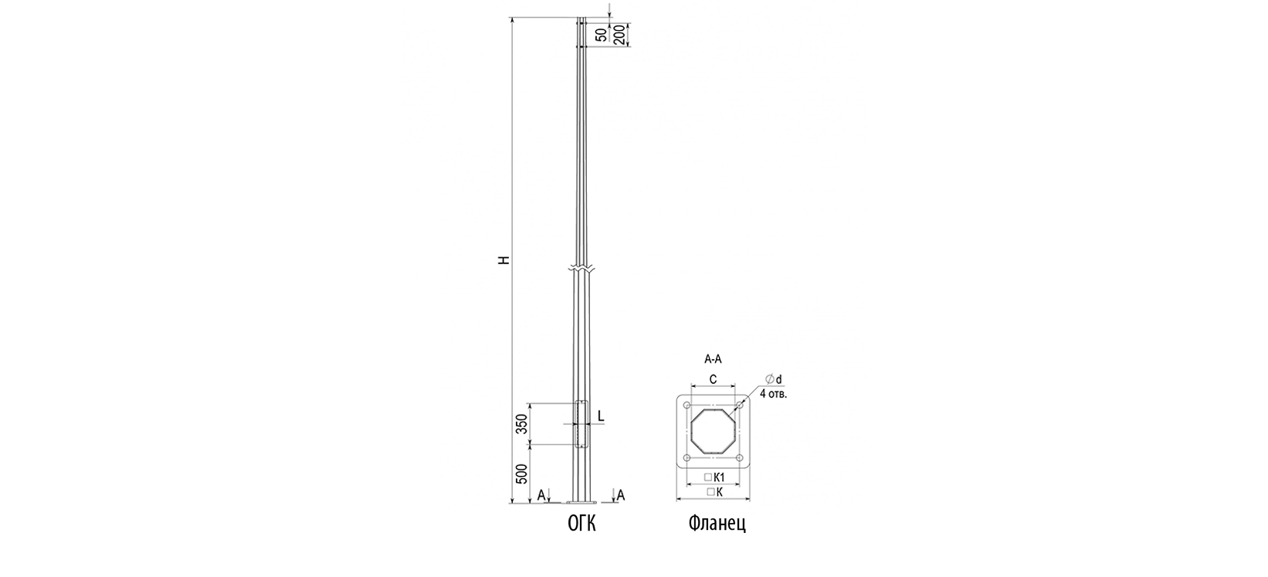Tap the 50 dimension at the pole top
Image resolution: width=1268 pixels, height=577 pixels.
[x=602, y=35]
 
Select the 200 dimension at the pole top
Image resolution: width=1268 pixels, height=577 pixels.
[x=619, y=35]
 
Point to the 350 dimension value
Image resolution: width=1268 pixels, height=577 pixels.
[x=522, y=423]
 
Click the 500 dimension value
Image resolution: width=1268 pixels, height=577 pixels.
[x=522, y=474]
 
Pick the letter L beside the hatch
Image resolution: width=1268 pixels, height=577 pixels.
[x=601, y=416]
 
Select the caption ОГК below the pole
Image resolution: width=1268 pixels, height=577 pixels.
[x=582, y=523]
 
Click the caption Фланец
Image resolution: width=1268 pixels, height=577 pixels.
[x=717, y=523]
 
